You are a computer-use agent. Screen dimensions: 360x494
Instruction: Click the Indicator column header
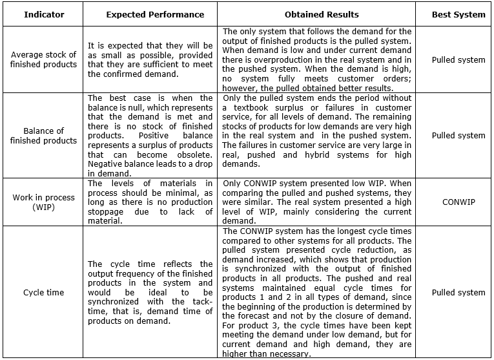43,14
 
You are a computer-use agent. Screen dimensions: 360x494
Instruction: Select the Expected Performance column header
155,14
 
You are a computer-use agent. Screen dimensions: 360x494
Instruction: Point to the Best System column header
458,14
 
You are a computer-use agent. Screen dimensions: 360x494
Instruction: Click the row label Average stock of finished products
43,59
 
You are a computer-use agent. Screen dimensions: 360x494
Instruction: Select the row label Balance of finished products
43,136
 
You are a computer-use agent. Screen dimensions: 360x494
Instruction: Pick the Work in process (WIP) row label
43,202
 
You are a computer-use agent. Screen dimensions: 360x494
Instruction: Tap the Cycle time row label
43,292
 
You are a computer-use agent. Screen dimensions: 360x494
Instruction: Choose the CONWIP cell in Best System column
458,202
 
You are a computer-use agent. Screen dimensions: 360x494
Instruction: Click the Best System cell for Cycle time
458,292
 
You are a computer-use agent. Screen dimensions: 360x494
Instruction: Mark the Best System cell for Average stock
458,59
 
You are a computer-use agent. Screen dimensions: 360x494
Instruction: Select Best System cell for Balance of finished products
458,135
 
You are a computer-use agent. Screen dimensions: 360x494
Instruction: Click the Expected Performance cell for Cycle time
150,292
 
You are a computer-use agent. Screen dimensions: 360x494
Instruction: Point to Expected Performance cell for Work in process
150,202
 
